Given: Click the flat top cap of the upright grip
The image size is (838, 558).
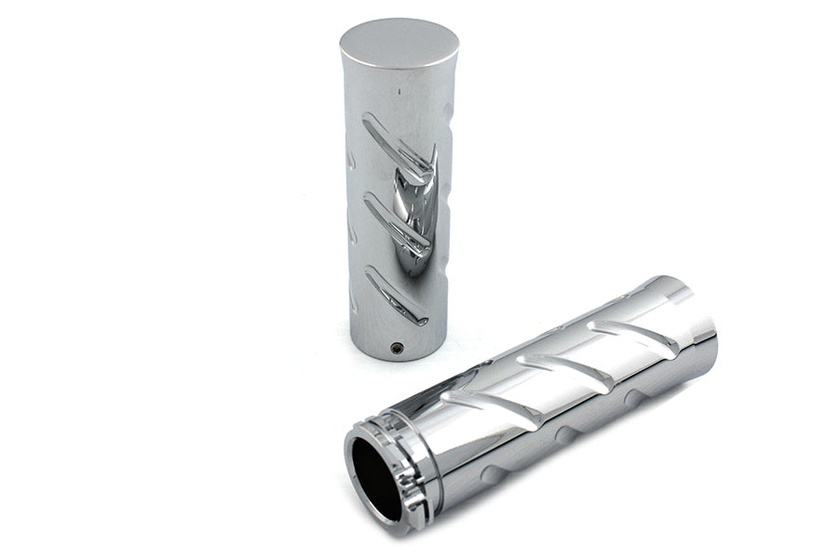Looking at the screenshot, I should tap(399, 41).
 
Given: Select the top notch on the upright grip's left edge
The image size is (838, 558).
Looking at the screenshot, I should tap(350, 158).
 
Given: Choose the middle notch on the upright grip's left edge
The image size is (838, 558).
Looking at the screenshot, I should tap(350, 228).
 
